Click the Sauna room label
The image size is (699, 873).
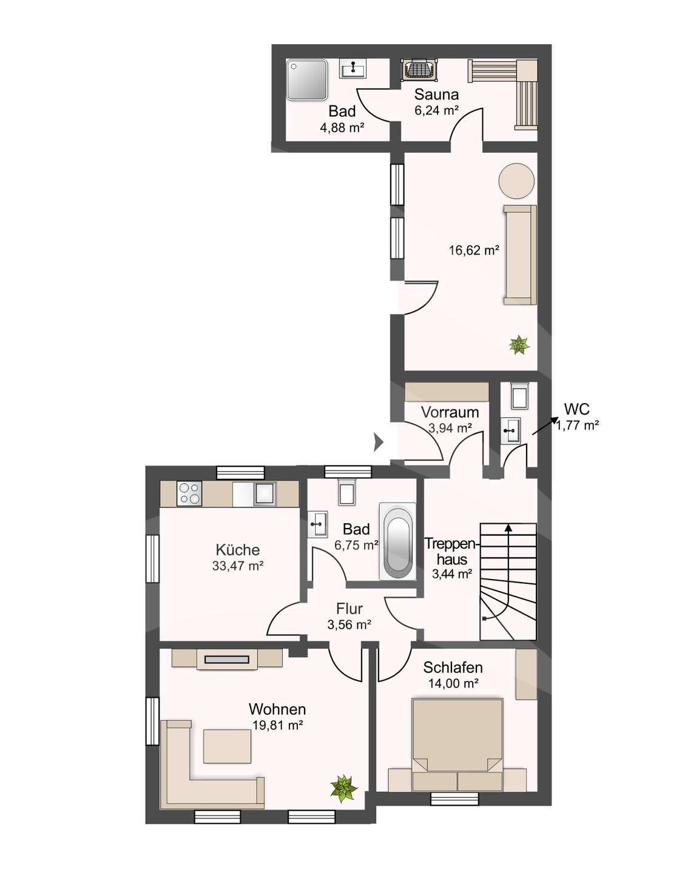tap(436, 95)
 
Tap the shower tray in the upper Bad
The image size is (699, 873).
tap(306, 80)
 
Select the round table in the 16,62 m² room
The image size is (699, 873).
tap(516, 181)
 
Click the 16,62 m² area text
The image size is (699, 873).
tap(473, 250)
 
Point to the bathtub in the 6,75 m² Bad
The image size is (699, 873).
tap(397, 541)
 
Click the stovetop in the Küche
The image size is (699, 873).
tap(189, 493)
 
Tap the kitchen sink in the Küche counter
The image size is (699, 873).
tap(265, 494)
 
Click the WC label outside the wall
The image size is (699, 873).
tap(577, 409)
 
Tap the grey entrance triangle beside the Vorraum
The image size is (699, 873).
tap(379, 442)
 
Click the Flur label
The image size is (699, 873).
tap(349, 609)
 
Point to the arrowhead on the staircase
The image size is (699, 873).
tap(508, 527)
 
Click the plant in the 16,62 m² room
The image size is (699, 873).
tap(519, 345)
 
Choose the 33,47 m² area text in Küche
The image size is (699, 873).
tap(238, 566)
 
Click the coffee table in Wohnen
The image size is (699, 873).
tap(227, 746)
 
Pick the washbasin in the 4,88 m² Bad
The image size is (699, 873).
tap(353, 69)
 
